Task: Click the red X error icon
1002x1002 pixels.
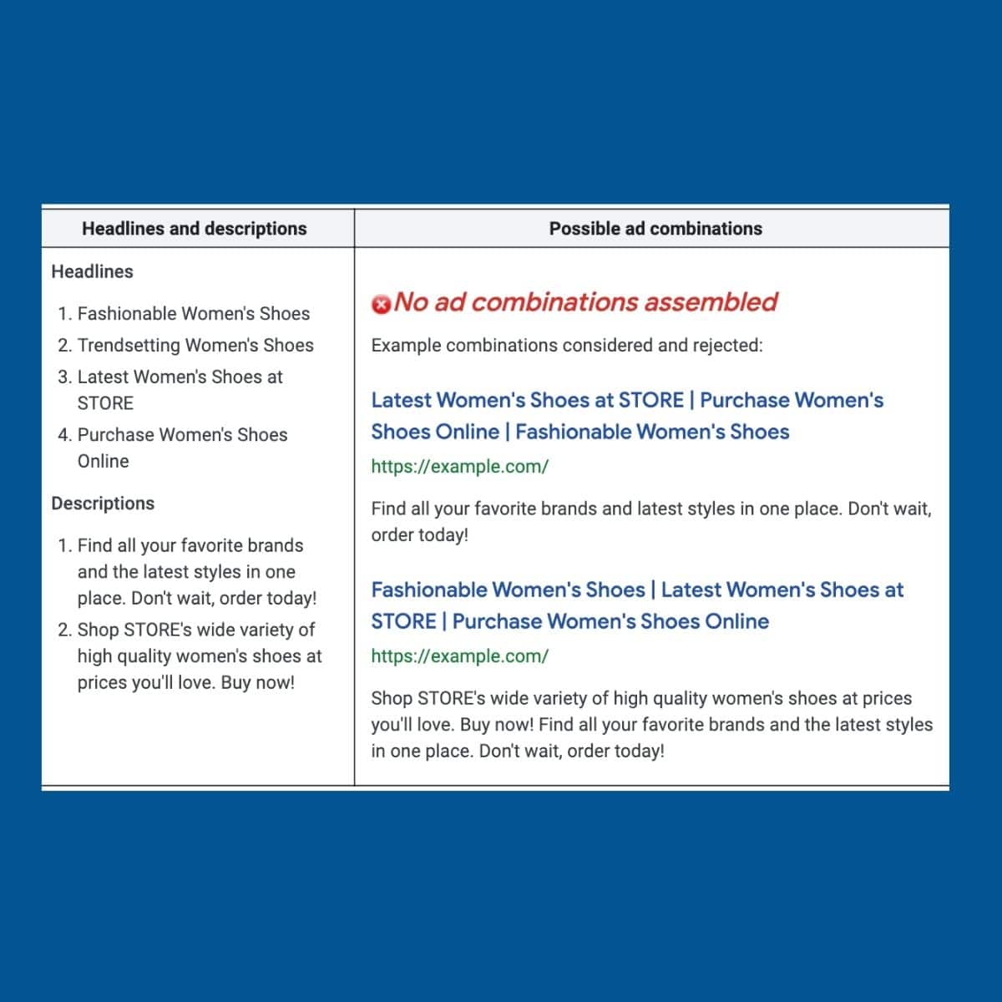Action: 381,305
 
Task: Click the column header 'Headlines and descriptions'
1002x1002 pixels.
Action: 194,229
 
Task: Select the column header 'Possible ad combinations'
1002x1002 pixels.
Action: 655,229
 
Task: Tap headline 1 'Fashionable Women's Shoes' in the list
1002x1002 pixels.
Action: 193,314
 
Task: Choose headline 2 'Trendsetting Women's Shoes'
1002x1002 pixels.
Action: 195,346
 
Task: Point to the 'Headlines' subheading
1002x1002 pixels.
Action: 92,271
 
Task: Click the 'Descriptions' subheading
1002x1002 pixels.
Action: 103,504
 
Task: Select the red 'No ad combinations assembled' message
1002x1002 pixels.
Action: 585,302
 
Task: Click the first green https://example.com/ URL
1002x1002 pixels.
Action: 459,467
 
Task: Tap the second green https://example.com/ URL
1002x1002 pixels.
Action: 459,656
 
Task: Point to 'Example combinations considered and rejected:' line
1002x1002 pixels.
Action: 566,346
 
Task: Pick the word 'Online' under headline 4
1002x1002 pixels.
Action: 103,462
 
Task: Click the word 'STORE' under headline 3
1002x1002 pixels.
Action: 105,403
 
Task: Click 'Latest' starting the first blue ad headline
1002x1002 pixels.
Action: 401,401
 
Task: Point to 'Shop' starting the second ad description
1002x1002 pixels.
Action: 391,699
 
